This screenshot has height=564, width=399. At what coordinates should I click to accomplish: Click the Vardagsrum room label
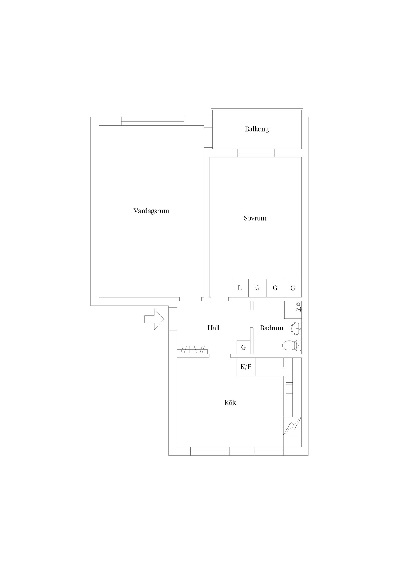click(x=151, y=211)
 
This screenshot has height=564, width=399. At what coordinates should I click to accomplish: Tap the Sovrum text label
click(x=255, y=218)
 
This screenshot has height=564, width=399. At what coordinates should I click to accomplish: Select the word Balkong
click(x=257, y=129)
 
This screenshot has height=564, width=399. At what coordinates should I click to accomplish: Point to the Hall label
click(x=213, y=328)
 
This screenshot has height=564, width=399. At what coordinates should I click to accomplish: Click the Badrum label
click(x=271, y=328)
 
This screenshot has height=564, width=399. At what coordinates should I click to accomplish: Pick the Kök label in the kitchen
click(x=230, y=402)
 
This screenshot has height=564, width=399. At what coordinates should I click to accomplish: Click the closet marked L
click(x=240, y=288)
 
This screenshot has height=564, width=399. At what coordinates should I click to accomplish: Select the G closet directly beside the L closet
click(x=257, y=288)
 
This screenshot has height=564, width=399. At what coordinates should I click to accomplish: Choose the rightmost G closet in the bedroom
click(x=293, y=288)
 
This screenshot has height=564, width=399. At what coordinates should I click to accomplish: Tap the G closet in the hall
click(x=243, y=348)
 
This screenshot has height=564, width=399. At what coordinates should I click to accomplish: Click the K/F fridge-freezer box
click(x=246, y=367)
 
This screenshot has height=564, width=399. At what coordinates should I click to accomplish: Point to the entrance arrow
click(x=154, y=319)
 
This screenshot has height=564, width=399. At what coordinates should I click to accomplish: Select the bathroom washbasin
click(x=296, y=328)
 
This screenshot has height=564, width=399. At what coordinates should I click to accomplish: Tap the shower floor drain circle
click(x=299, y=304)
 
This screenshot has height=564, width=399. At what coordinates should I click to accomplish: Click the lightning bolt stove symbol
click(x=293, y=426)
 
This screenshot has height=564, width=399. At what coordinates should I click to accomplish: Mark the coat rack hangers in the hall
click(x=192, y=350)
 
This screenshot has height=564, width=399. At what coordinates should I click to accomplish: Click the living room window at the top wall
click(x=153, y=121)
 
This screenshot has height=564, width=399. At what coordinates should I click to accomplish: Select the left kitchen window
click(x=210, y=451)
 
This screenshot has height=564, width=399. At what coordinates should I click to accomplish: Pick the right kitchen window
click(x=269, y=451)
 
